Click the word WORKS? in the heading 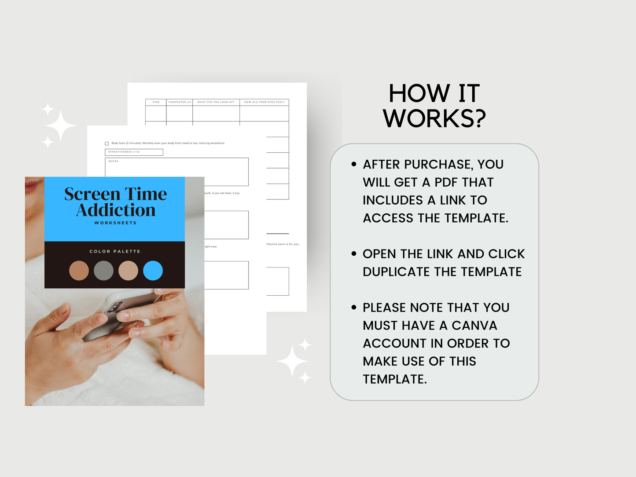pyautogui.click(x=434, y=119)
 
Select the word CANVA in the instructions pyautogui.click(x=474, y=326)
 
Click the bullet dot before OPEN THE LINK pyautogui.click(x=354, y=254)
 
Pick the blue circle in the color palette pyautogui.click(x=153, y=271)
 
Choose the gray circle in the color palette pyautogui.click(x=103, y=271)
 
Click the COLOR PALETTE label pyautogui.click(x=115, y=252)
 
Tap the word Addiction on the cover pyautogui.click(x=116, y=210)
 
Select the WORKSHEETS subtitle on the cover pyautogui.click(x=115, y=223)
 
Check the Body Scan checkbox pyautogui.click(x=107, y=143)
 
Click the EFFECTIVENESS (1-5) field pyautogui.click(x=134, y=152)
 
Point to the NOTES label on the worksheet pyautogui.click(x=114, y=161)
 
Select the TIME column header pyautogui.click(x=156, y=102)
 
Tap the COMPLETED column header pyautogui.click(x=180, y=102)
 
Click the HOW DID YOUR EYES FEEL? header pyautogui.click(x=264, y=102)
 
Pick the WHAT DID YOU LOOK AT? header pyautogui.click(x=216, y=102)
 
